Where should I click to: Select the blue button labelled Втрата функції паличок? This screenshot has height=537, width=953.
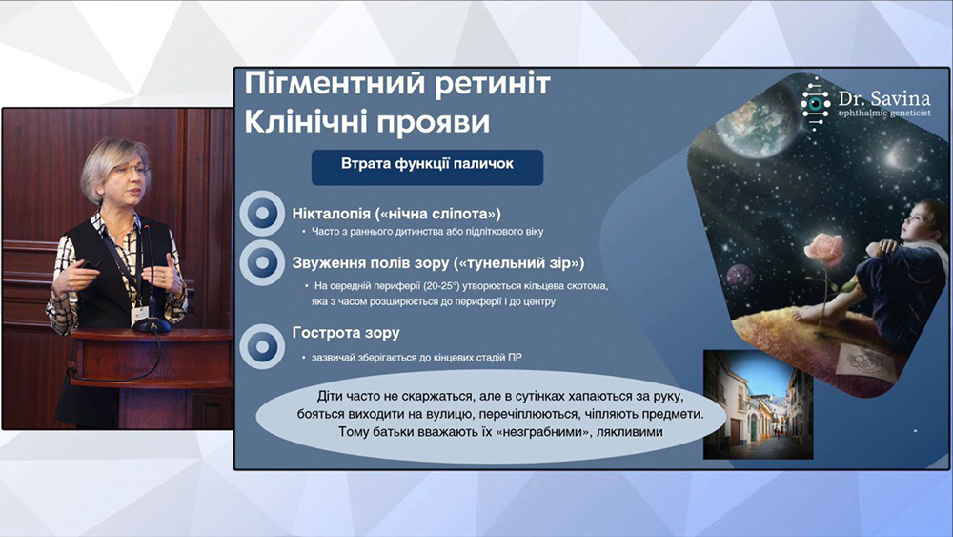427,167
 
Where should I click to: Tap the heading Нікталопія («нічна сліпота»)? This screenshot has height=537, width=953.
396,214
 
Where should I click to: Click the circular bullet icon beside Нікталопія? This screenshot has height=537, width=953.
263,214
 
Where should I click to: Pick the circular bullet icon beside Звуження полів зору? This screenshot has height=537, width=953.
263,262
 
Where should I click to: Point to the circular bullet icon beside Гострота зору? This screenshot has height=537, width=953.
263,346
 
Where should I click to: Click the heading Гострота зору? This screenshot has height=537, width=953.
346,333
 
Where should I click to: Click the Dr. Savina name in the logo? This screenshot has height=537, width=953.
883,98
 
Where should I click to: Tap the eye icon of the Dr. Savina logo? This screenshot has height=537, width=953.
815,104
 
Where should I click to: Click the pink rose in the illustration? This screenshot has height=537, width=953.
823,249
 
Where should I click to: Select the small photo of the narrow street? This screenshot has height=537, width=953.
758,404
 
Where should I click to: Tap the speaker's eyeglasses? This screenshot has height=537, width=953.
130,171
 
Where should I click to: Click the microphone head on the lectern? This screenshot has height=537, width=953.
147,229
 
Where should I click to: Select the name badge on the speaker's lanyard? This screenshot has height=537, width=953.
140,315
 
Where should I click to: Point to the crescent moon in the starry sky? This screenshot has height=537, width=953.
894,155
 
